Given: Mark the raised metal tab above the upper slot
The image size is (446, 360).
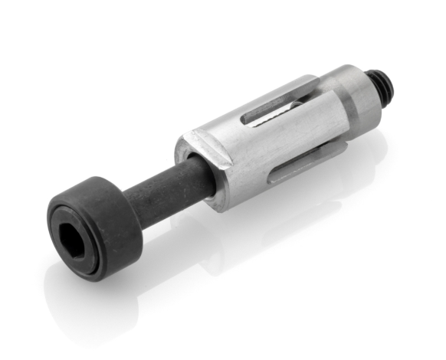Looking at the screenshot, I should (284, 90).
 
